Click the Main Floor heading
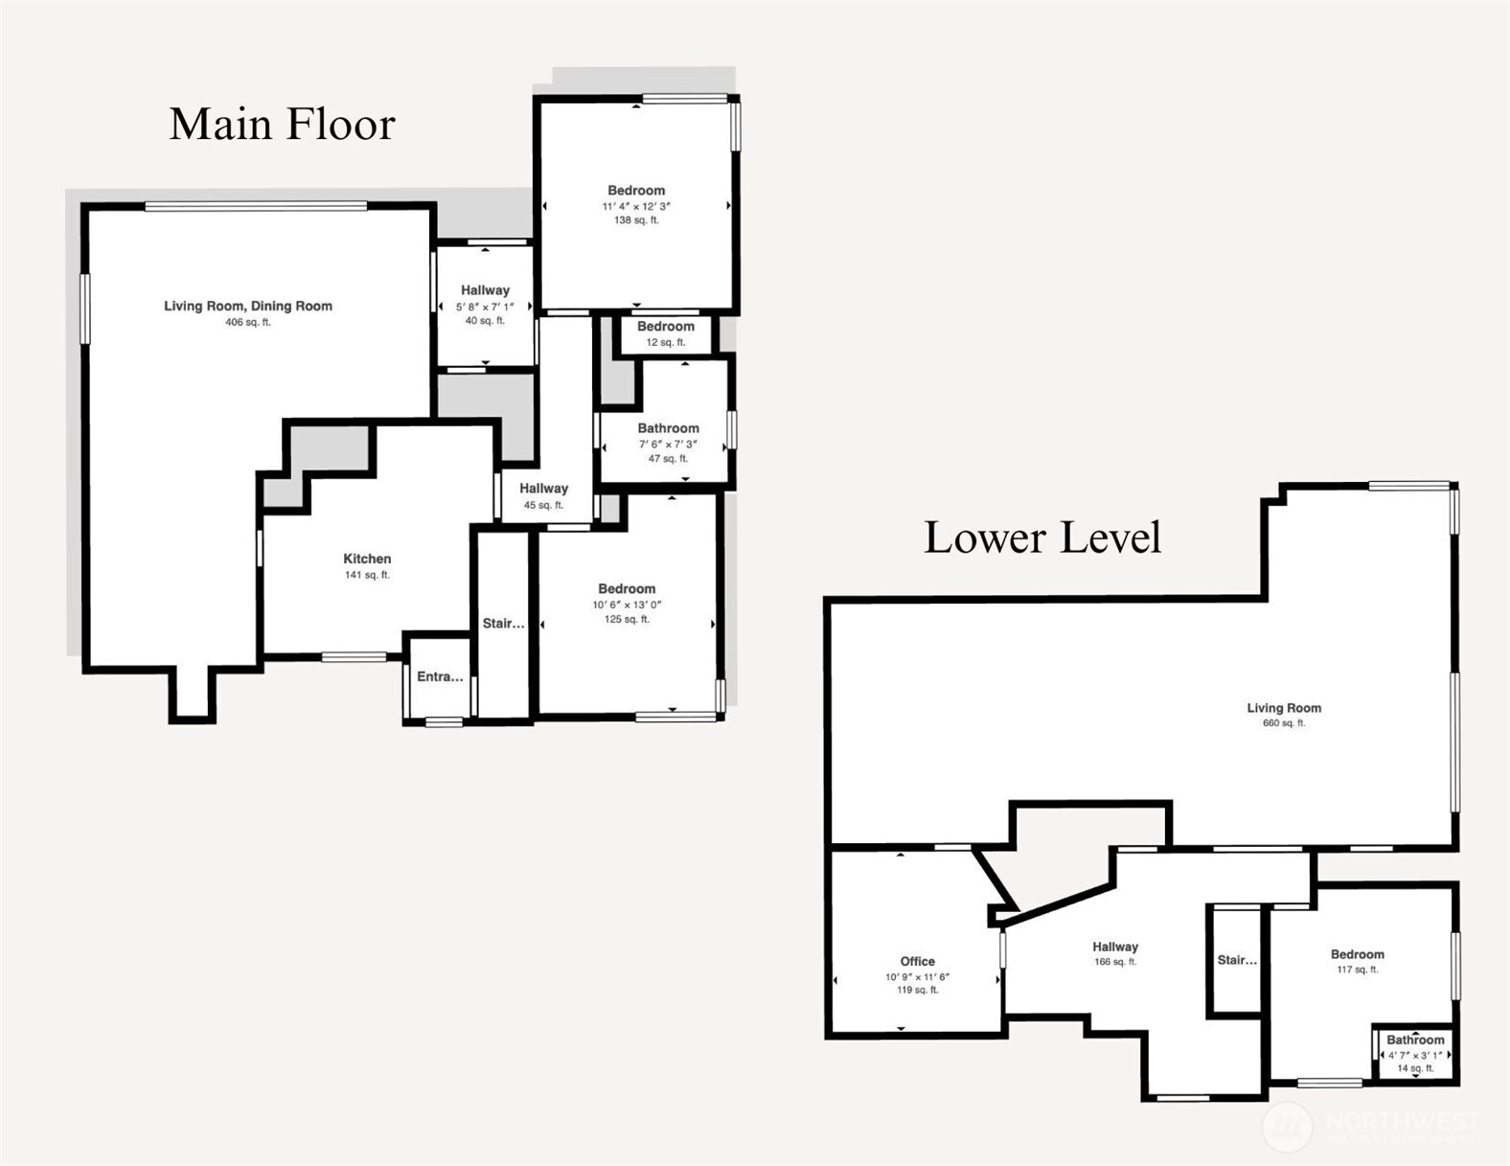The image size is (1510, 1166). pos(282,125)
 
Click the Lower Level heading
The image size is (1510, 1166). pos(1041,537)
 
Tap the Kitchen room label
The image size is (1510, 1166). pos(367,559)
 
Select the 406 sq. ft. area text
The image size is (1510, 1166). pos(248,323)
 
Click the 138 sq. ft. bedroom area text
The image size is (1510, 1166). pos(636,220)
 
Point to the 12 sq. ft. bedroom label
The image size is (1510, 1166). pos(666,327)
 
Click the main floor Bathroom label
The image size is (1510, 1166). pos(668,428)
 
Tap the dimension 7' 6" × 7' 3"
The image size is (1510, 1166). pos(668,445)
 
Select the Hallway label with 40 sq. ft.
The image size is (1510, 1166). pos(485,290)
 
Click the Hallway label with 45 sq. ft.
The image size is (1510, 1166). pos(543,489)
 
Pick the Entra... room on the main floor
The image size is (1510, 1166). pos(440,676)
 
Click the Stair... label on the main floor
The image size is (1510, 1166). pos(503,624)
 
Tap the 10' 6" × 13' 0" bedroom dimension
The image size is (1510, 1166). pos(627,605)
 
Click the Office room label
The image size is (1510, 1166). pos(917,961)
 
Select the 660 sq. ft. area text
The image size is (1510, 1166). pos(1284,723)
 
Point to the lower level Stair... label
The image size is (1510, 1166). pos(1237,960)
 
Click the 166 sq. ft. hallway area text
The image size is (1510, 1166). pos(1115,962)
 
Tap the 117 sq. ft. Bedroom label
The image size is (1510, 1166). pos(1357,954)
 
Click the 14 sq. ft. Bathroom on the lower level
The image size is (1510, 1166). pos(1415,1040)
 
